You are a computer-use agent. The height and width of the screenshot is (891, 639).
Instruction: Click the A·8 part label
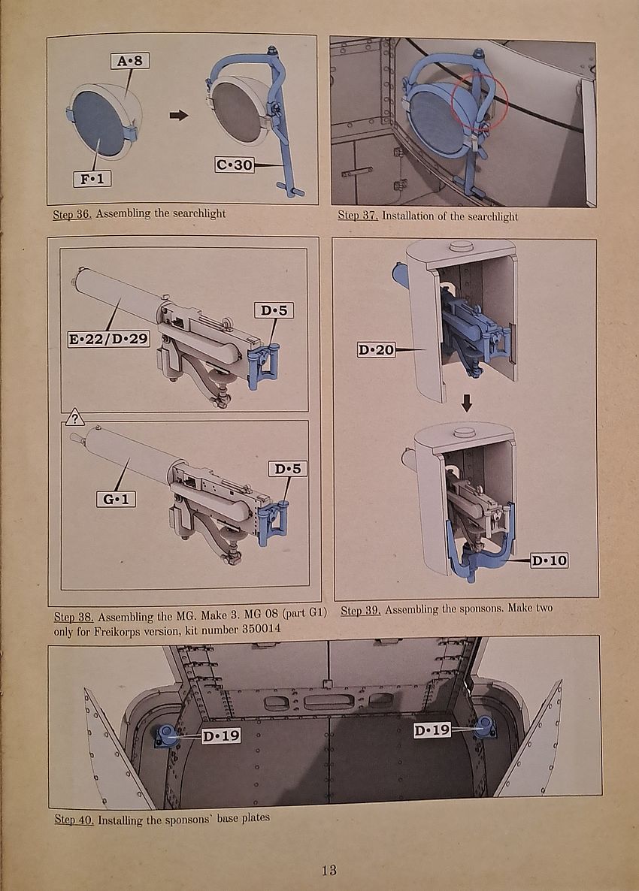click(x=129, y=61)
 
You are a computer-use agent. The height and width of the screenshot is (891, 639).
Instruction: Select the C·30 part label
click(x=235, y=164)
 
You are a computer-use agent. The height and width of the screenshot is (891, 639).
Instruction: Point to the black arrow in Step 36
click(x=178, y=115)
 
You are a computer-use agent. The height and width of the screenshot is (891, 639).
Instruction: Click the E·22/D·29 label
click(x=108, y=339)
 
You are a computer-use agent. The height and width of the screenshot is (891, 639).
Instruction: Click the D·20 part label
click(x=377, y=349)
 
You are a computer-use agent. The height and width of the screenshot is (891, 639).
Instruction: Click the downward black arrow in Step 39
click(x=467, y=404)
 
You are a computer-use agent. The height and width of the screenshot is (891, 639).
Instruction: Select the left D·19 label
click(x=221, y=735)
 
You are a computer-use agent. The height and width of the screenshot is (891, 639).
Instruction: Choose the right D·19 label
click(x=432, y=729)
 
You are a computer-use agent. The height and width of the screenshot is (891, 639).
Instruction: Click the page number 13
click(x=329, y=870)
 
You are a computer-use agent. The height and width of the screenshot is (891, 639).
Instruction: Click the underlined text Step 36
click(x=72, y=213)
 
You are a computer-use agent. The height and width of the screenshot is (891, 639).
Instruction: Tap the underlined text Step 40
click(x=74, y=819)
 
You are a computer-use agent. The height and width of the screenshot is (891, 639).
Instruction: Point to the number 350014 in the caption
click(x=258, y=630)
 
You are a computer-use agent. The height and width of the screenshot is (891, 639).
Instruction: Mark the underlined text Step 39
click(x=360, y=610)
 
